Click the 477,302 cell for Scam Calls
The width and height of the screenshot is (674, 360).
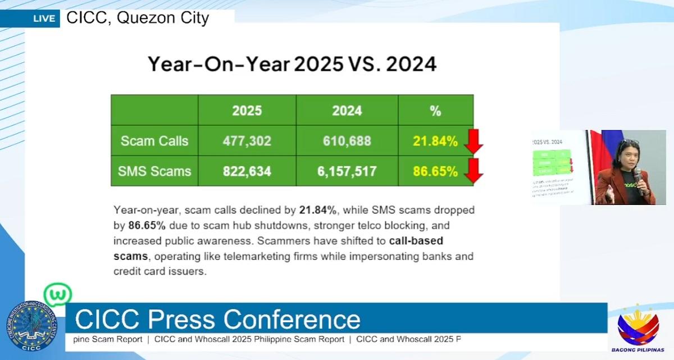247,141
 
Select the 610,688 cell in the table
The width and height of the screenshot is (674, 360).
347,141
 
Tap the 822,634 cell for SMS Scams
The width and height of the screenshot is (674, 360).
247,171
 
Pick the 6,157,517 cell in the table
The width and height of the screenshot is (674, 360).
347,171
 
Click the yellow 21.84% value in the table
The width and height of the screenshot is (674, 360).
435,142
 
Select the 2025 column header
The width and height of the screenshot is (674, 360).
247,111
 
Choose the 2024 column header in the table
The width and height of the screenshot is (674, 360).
347,111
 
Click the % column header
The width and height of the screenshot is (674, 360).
435,111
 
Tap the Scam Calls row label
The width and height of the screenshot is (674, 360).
154,141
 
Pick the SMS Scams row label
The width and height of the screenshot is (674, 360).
154,171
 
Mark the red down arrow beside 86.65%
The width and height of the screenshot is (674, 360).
473,171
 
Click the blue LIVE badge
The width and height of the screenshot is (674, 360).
44,19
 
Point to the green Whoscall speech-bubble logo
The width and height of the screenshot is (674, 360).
58,294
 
